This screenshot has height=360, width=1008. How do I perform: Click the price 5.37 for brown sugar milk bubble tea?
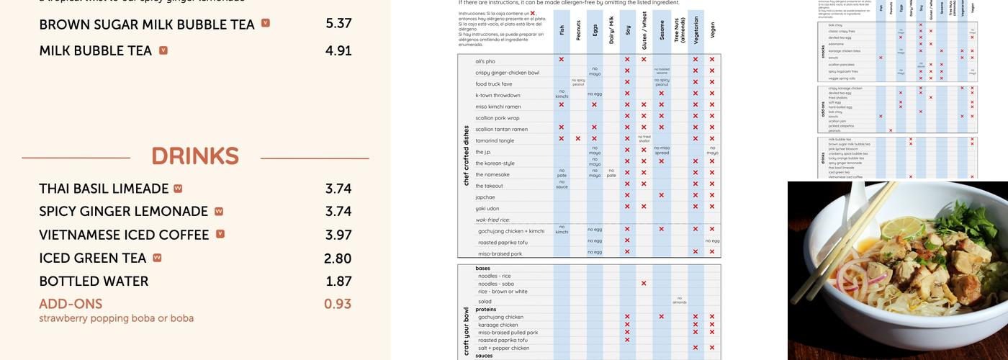[338, 24]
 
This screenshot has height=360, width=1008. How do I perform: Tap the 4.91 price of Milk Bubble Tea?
[338, 51]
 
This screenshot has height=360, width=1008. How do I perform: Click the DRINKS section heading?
[195, 156]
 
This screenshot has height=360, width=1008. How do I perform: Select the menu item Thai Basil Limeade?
[104, 189]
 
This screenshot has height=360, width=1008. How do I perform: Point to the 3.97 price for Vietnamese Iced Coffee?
[338, 235]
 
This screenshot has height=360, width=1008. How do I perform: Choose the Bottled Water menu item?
[94, 282]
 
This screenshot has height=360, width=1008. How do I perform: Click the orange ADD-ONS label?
[71, 304]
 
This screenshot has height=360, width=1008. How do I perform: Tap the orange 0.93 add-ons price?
[338, 304]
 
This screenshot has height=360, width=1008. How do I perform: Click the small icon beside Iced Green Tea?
[157, 258]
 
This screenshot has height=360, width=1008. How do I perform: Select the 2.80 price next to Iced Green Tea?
[338, 258]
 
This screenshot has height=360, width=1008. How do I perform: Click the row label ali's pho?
[485, 61]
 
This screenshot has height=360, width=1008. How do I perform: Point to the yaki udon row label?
[487, 209]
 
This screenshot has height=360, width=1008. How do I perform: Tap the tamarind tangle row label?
[495, 140]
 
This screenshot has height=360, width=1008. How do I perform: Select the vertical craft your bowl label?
[466, 332]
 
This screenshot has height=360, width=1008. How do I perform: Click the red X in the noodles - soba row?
[644, 284]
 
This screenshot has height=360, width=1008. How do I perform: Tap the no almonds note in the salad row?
[679, 301]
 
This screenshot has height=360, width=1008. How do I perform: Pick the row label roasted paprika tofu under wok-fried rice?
[503, 242]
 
